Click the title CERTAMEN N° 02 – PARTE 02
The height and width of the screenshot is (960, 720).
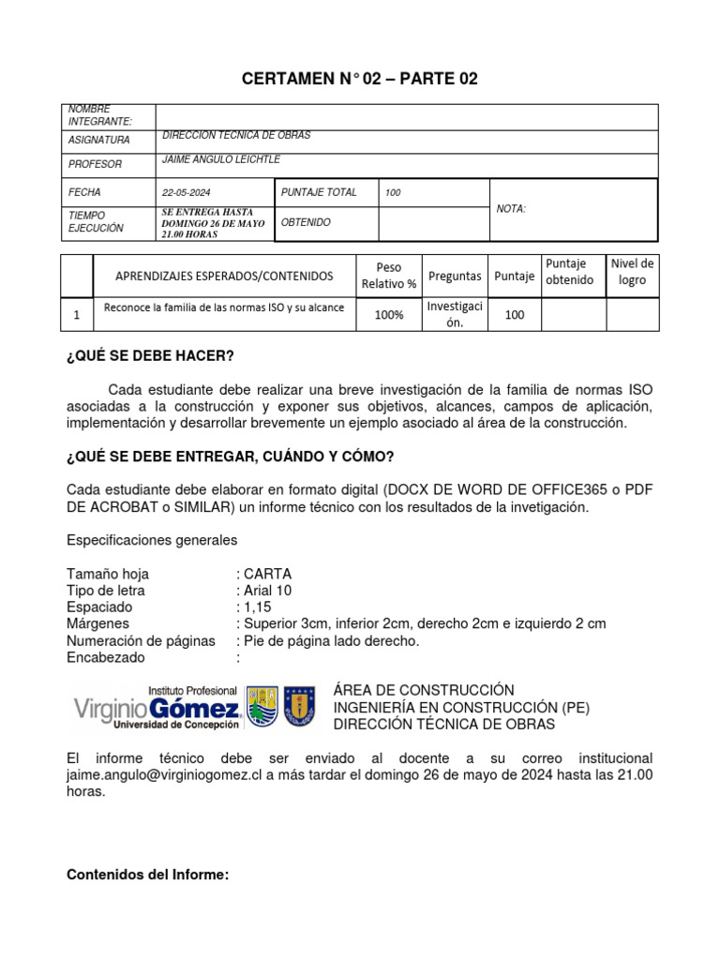(x=360, y=79)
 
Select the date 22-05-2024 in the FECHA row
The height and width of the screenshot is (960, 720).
(x=187, y=192)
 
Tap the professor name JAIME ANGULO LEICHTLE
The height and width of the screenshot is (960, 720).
(x=221, y=159)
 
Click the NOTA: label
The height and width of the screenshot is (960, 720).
(x=511, y=209)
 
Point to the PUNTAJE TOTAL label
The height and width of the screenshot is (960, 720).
(x=319, y=192)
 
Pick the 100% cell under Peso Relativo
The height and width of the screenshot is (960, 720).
(x=389, y=315)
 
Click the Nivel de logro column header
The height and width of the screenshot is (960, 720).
(x=633, y=272)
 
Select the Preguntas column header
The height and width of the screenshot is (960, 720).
(x=455, y=276)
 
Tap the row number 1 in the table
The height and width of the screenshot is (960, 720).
(x=76, y=315)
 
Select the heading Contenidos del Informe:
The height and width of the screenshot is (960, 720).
(x=148, y=875)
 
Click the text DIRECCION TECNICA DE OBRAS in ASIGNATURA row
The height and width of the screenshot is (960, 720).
(x=236, y=136)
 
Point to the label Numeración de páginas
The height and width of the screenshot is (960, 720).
(x=141, y=641)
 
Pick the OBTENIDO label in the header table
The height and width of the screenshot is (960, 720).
(x=306, y=222)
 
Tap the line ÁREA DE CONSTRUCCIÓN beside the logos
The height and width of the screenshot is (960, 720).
(x=424, y=690)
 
